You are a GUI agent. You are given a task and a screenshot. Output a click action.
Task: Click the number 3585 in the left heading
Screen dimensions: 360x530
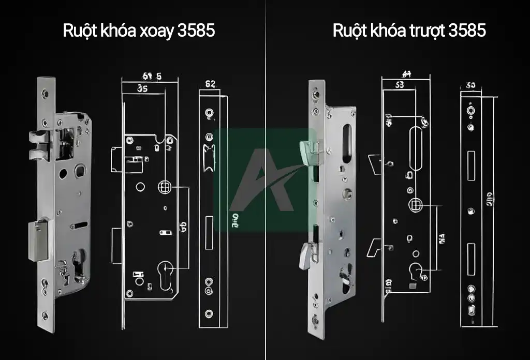(x=196, y=31)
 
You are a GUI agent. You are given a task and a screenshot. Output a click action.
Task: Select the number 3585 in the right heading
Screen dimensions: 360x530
(x=467, y=31)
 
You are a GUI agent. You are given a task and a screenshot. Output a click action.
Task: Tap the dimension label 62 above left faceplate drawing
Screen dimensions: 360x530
(x=210, y=84)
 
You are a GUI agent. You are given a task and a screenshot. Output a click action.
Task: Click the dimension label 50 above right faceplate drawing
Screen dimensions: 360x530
(x=470, y=85)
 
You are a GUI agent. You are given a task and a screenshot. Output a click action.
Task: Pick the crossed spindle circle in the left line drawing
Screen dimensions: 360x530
(x=164, y=186)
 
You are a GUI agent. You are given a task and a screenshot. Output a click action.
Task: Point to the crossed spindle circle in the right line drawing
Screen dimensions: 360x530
(x=416, y=204)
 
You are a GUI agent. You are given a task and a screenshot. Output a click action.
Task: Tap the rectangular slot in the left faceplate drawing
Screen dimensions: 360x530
(x=210, y=233)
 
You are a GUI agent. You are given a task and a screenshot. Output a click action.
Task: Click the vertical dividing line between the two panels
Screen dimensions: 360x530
(x=266, y=207)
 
